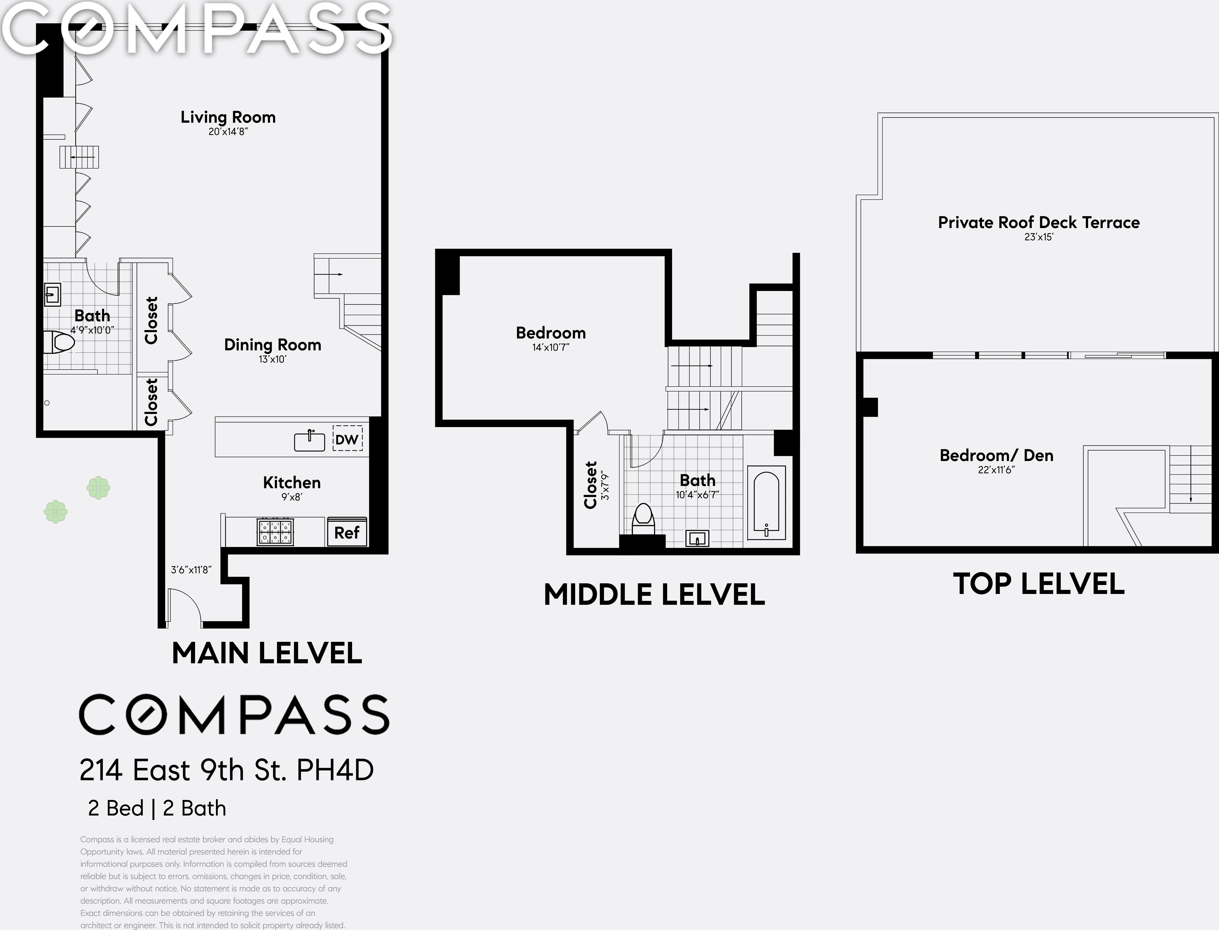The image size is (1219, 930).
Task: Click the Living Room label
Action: tap(228, 117)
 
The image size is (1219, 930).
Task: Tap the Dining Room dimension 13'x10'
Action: tap(272, 359)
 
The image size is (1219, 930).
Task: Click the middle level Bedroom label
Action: tap(551, 333)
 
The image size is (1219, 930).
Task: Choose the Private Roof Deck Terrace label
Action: tap(1039, 223)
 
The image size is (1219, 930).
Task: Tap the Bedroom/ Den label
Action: tap(996, 455)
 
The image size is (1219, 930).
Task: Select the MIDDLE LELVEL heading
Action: tap(654, 595)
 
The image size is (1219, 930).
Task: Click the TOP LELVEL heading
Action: tap(1039, 584)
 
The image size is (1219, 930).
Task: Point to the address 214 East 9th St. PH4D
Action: tap(226, 770)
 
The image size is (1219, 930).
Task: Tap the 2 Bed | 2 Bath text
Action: tap(157, 808)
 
